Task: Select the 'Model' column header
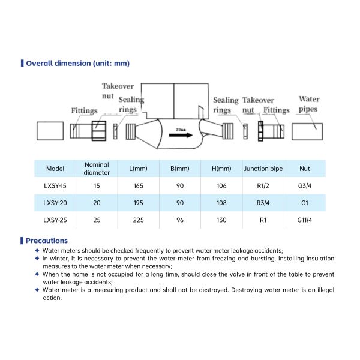tap(55, 169)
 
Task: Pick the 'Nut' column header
tap(305, 169)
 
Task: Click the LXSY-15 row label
tap(55, 186)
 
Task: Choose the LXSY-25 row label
tap(55, 220)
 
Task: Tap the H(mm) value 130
tap(221, 220)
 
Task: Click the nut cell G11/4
tap(305, 220)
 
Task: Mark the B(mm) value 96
tap(180, 220)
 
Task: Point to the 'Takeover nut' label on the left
tap(117, 91)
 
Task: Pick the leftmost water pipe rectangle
tap(50, 131)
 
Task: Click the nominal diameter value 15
tap(97, 186)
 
